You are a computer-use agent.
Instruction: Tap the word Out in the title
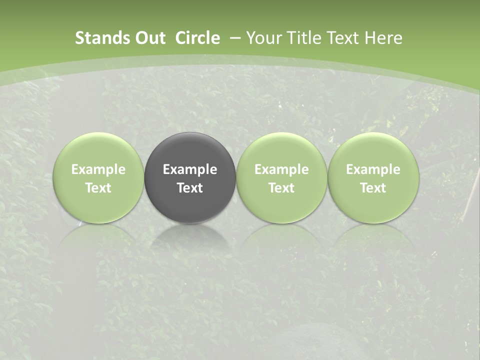pos(148,38)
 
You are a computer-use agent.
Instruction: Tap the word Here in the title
pos(383,38)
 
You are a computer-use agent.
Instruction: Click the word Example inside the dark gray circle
pos(190,169)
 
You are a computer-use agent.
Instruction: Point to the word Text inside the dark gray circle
pos(190,188)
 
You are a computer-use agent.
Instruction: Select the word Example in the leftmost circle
pos(98,169)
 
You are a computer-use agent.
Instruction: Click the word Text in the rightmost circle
pos(373,188)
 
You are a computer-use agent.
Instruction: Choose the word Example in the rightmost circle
pos(373,169)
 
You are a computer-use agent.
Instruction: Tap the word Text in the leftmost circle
pos(98,188)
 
